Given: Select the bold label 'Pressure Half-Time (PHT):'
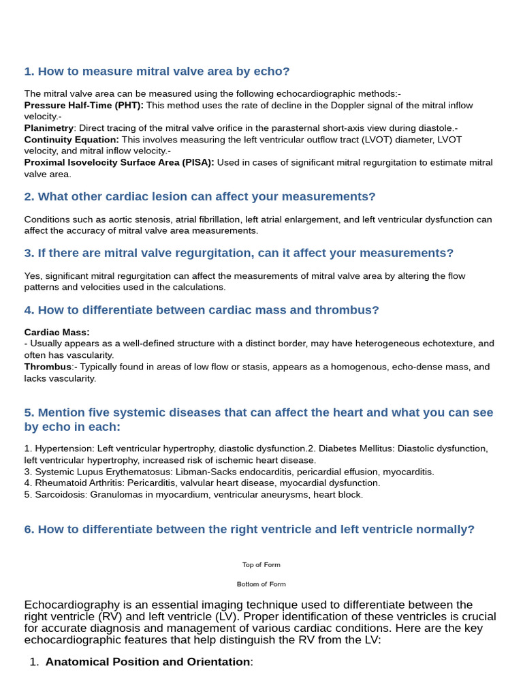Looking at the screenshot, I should click(x=84, y=106).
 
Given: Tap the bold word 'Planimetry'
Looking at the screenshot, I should click(x=48, y=128).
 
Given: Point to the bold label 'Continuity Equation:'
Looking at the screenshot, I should click(x=72, y=140).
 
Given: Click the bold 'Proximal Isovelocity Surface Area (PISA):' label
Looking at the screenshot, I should click(x=119, y=162).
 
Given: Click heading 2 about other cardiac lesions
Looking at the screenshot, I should click(x=200, y=197).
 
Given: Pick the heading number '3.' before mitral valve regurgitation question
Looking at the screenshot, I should click(x=29, y=254).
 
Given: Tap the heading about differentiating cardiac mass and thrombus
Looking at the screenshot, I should click(x=202, y=310).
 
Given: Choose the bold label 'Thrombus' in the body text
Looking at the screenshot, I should click(x=48, y=367).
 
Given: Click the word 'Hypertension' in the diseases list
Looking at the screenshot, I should click(x=64, y=449).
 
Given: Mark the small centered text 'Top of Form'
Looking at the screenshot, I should click(x=261, y=565).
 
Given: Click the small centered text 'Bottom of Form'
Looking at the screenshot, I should click(x=261, y=584).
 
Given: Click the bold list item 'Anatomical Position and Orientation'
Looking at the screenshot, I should click(x=148, y=662).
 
